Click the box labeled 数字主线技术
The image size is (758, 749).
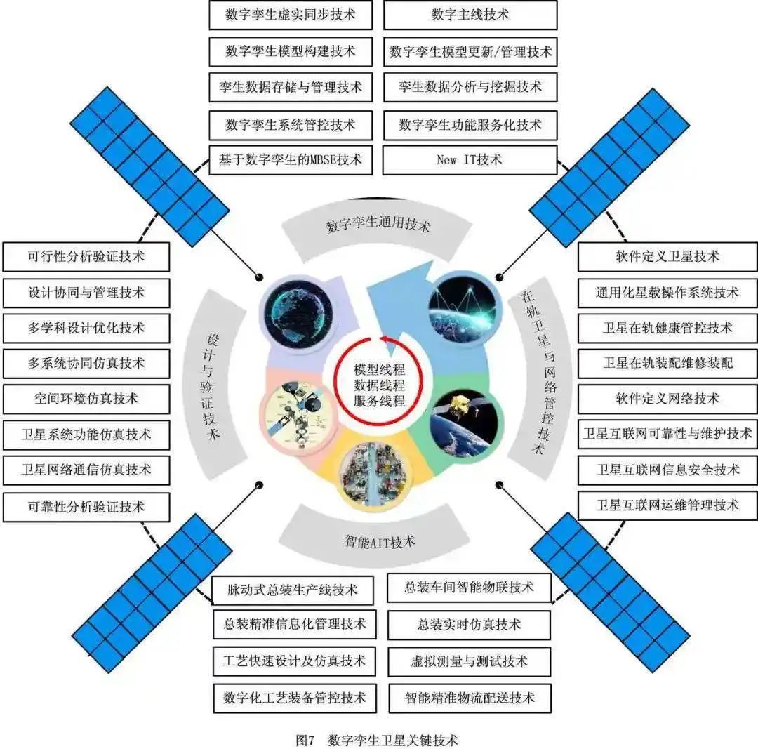point(470,15)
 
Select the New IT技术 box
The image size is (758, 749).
point(470,160)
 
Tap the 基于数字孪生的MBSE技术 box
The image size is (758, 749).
point(291,160)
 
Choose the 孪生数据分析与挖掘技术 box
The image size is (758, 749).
point(470,87)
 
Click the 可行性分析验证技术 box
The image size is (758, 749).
point(86,257)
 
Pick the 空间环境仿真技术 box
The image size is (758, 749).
point(86,399)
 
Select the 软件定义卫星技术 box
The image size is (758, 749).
point(667,257)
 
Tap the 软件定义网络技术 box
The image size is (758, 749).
point(667,399)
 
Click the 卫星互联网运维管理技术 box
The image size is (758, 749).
point(667,505)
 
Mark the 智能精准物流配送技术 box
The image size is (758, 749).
point(470,698)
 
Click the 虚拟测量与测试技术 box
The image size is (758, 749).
point(470,661)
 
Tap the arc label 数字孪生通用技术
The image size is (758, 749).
point(378,226)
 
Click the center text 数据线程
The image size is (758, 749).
point(380,385)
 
